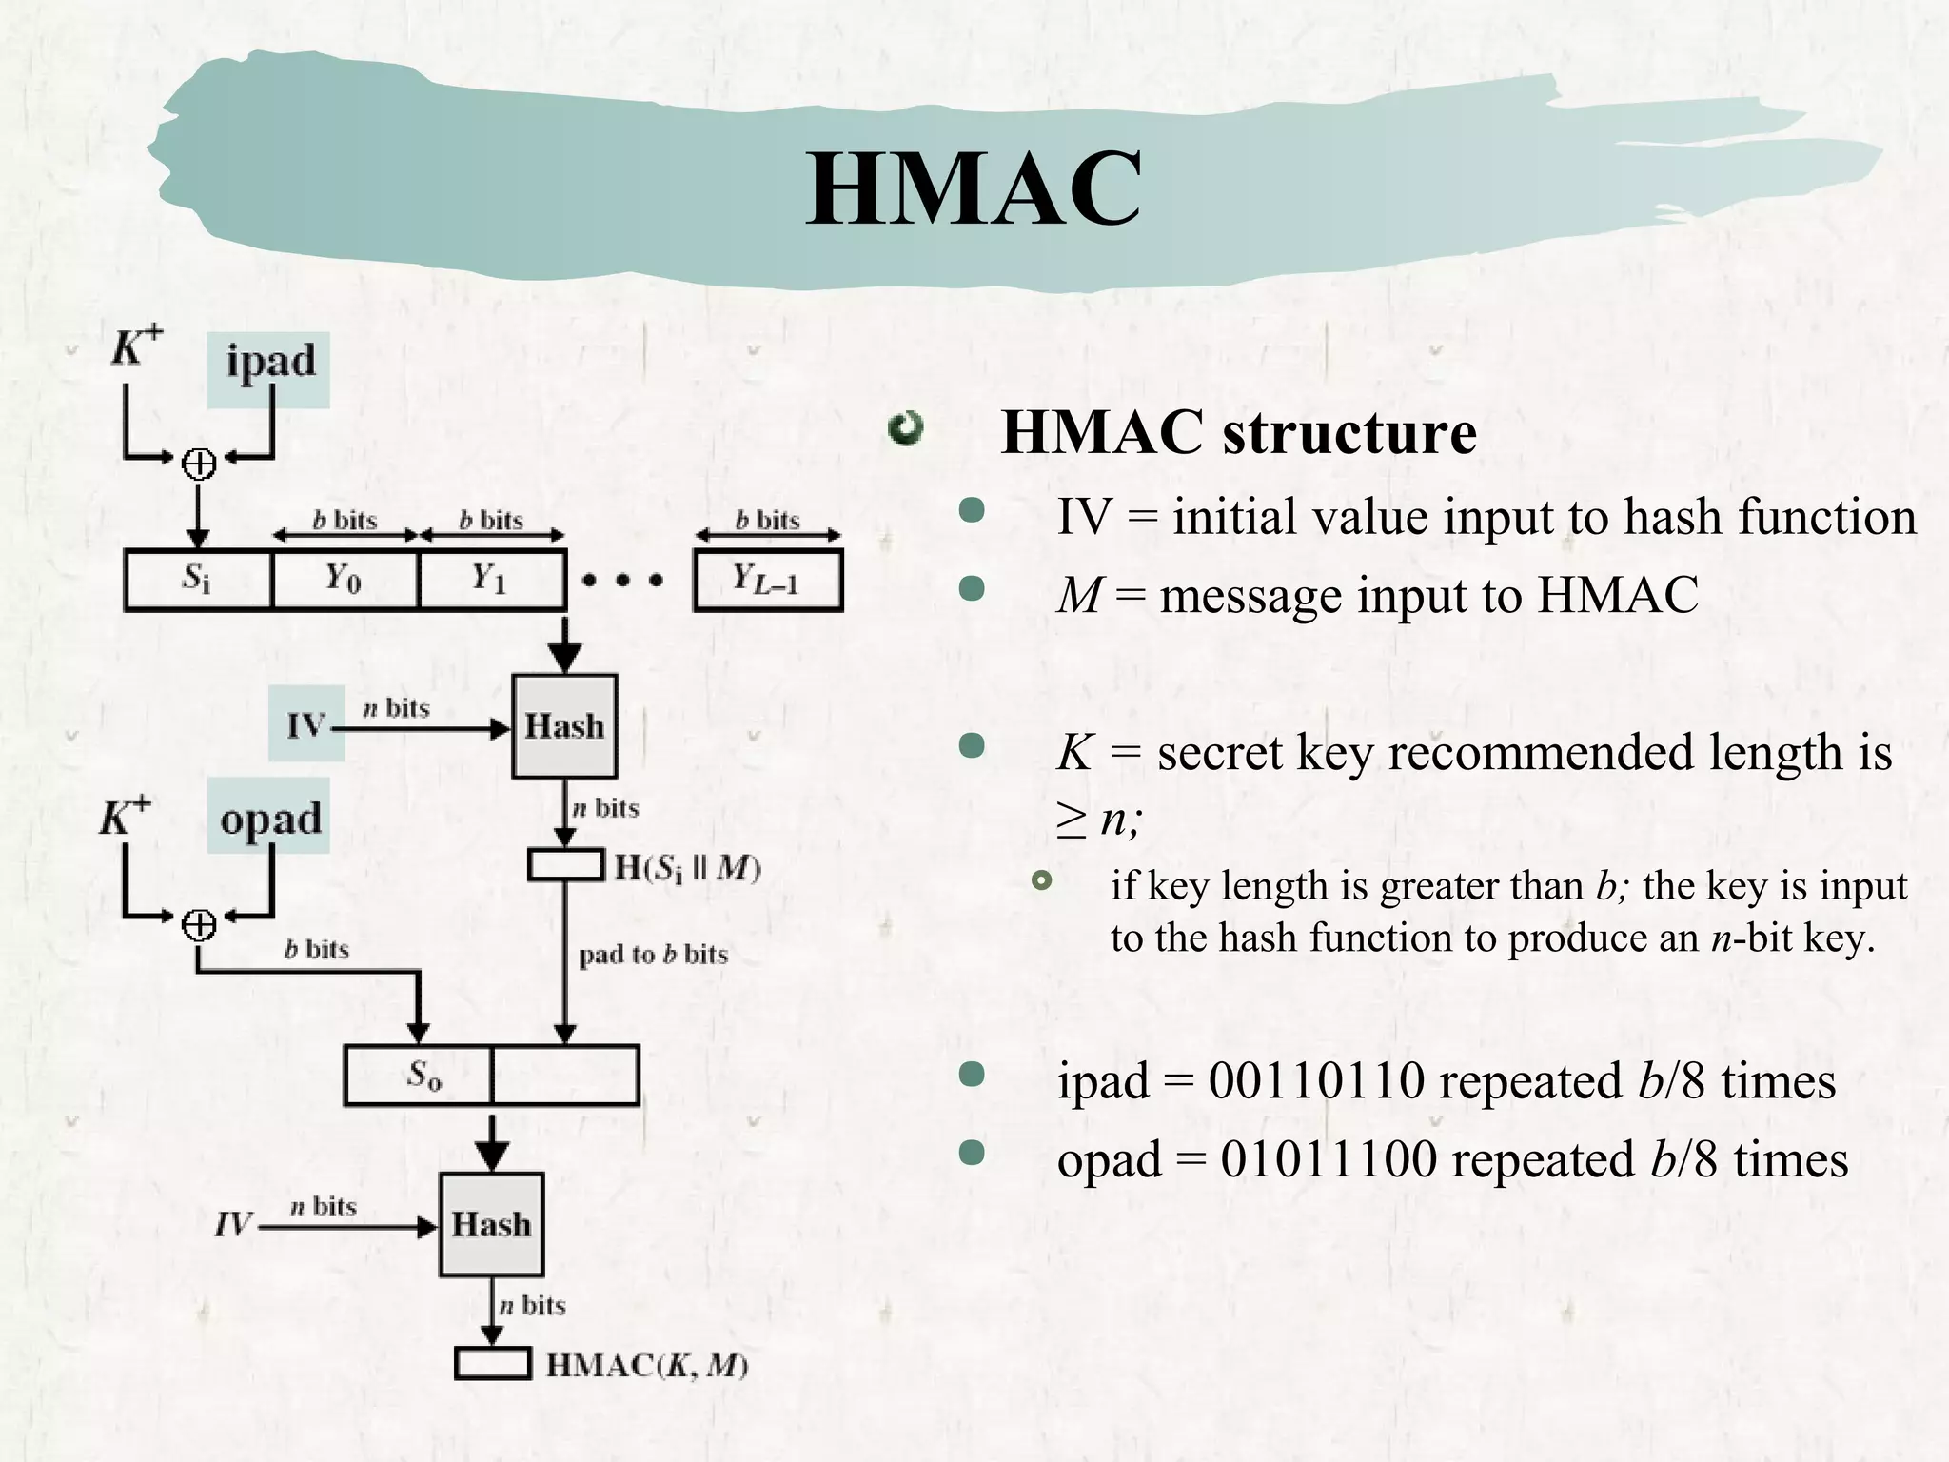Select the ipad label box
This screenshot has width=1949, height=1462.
269,369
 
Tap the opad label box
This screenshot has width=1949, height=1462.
269,817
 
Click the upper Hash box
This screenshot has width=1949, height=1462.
564,726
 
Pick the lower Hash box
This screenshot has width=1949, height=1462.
491,1224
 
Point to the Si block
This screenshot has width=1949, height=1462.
198,579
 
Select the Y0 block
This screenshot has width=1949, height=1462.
345,579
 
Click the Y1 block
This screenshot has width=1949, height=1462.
491,579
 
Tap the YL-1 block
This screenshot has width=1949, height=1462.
768,579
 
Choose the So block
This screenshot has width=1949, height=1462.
419,1076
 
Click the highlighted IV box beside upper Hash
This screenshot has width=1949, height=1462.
306,725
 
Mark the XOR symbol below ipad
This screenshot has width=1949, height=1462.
199,464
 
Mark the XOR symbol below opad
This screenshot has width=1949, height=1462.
199,924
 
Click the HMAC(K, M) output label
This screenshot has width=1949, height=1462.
647,1365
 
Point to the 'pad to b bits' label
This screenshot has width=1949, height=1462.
653,954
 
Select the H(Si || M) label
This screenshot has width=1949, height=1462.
687,867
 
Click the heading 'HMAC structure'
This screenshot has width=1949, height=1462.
1238,433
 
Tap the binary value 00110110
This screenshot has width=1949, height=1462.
1316,1081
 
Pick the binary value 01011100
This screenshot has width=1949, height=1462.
1329,1160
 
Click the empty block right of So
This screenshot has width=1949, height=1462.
565,1076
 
